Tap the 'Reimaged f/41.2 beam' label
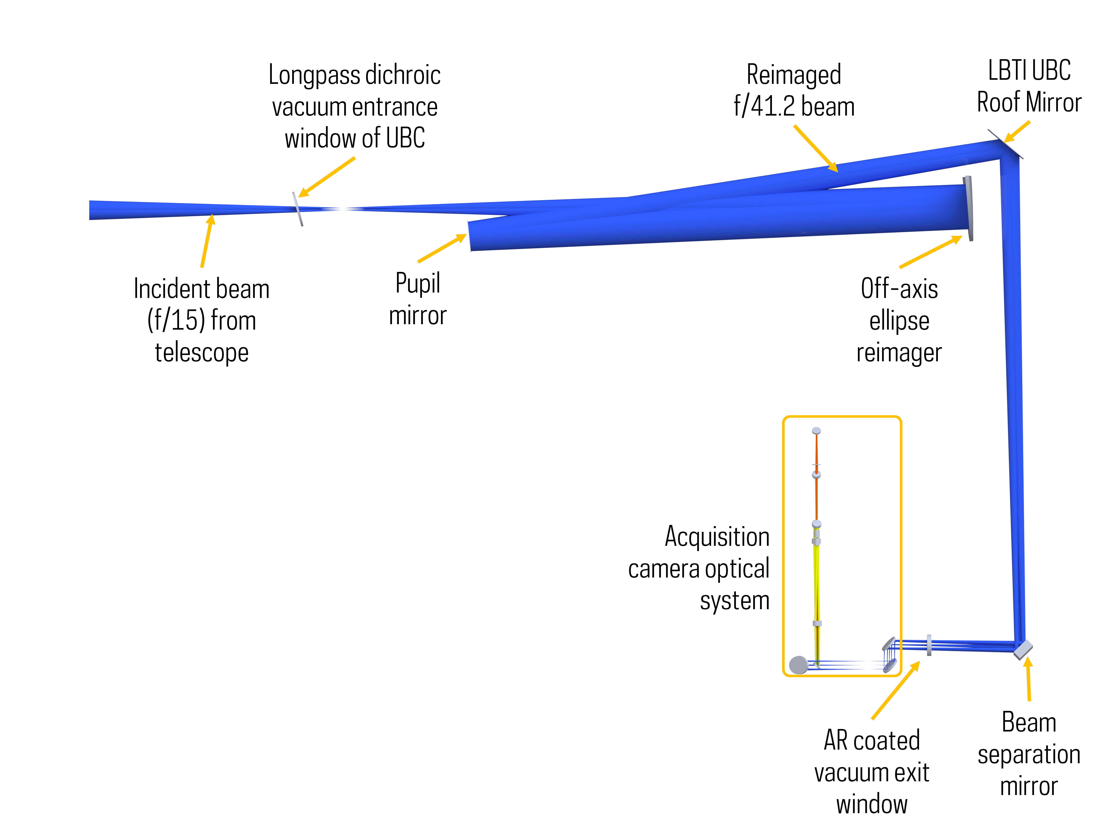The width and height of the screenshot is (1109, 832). (x=794, y=90)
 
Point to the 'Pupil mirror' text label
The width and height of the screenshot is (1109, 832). (x=418, y=299)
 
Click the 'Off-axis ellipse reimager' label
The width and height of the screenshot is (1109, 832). (x=899, y=320)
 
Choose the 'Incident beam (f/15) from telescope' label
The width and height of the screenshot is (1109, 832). (x=202, y=320)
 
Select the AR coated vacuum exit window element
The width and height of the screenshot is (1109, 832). (x=929, y=645)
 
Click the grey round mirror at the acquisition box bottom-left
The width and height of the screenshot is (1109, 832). (x=798, y=665)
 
